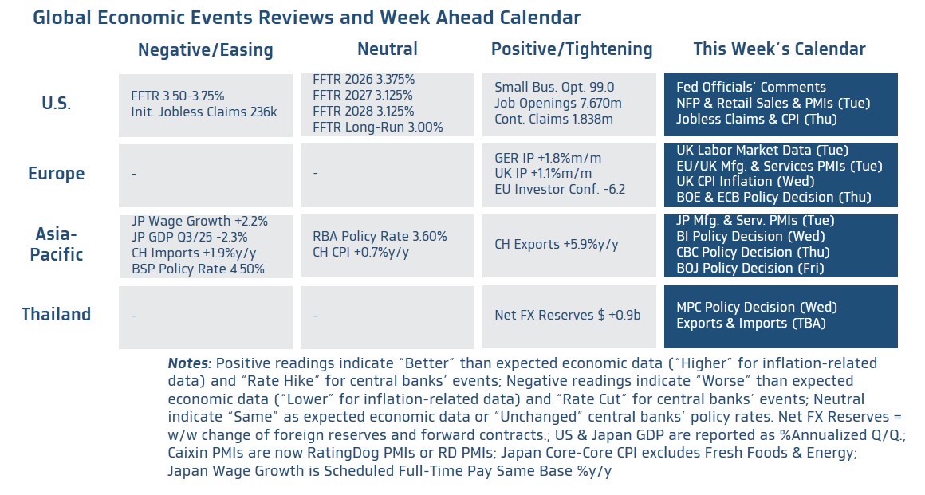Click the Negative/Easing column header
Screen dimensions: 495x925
[205, 50]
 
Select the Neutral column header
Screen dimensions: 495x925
[387, 49]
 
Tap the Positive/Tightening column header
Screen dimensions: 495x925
[571, 49]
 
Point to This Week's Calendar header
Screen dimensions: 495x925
[779, 49]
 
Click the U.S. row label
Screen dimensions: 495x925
[56, 104]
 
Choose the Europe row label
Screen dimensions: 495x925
[56, 174]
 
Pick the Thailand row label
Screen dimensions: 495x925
[56, 315]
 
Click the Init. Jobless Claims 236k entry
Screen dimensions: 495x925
[203, 112]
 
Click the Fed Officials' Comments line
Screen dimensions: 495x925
[750, 88]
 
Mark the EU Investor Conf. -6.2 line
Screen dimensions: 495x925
[560, 189]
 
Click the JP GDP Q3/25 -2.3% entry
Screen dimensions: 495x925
[189, 237]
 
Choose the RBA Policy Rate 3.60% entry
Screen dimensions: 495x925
[380, 237]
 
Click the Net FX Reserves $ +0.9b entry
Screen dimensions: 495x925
[567, 315]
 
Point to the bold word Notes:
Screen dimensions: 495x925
[189, 363]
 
